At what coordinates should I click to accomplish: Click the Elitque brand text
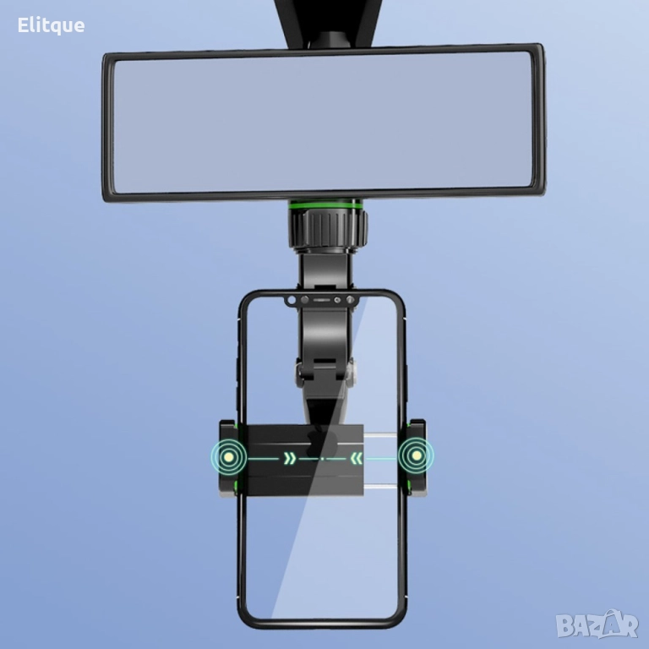pos(51,25)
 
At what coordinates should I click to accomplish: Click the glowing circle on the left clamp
pos(228,457)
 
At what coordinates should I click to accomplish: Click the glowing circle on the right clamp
pos(416,455)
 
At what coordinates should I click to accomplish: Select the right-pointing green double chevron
pos(290,458)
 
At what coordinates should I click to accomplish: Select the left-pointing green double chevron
pos(357,458)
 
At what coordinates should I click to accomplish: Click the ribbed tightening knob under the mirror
pos(329,229)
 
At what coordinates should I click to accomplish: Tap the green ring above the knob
pos(324,205)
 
